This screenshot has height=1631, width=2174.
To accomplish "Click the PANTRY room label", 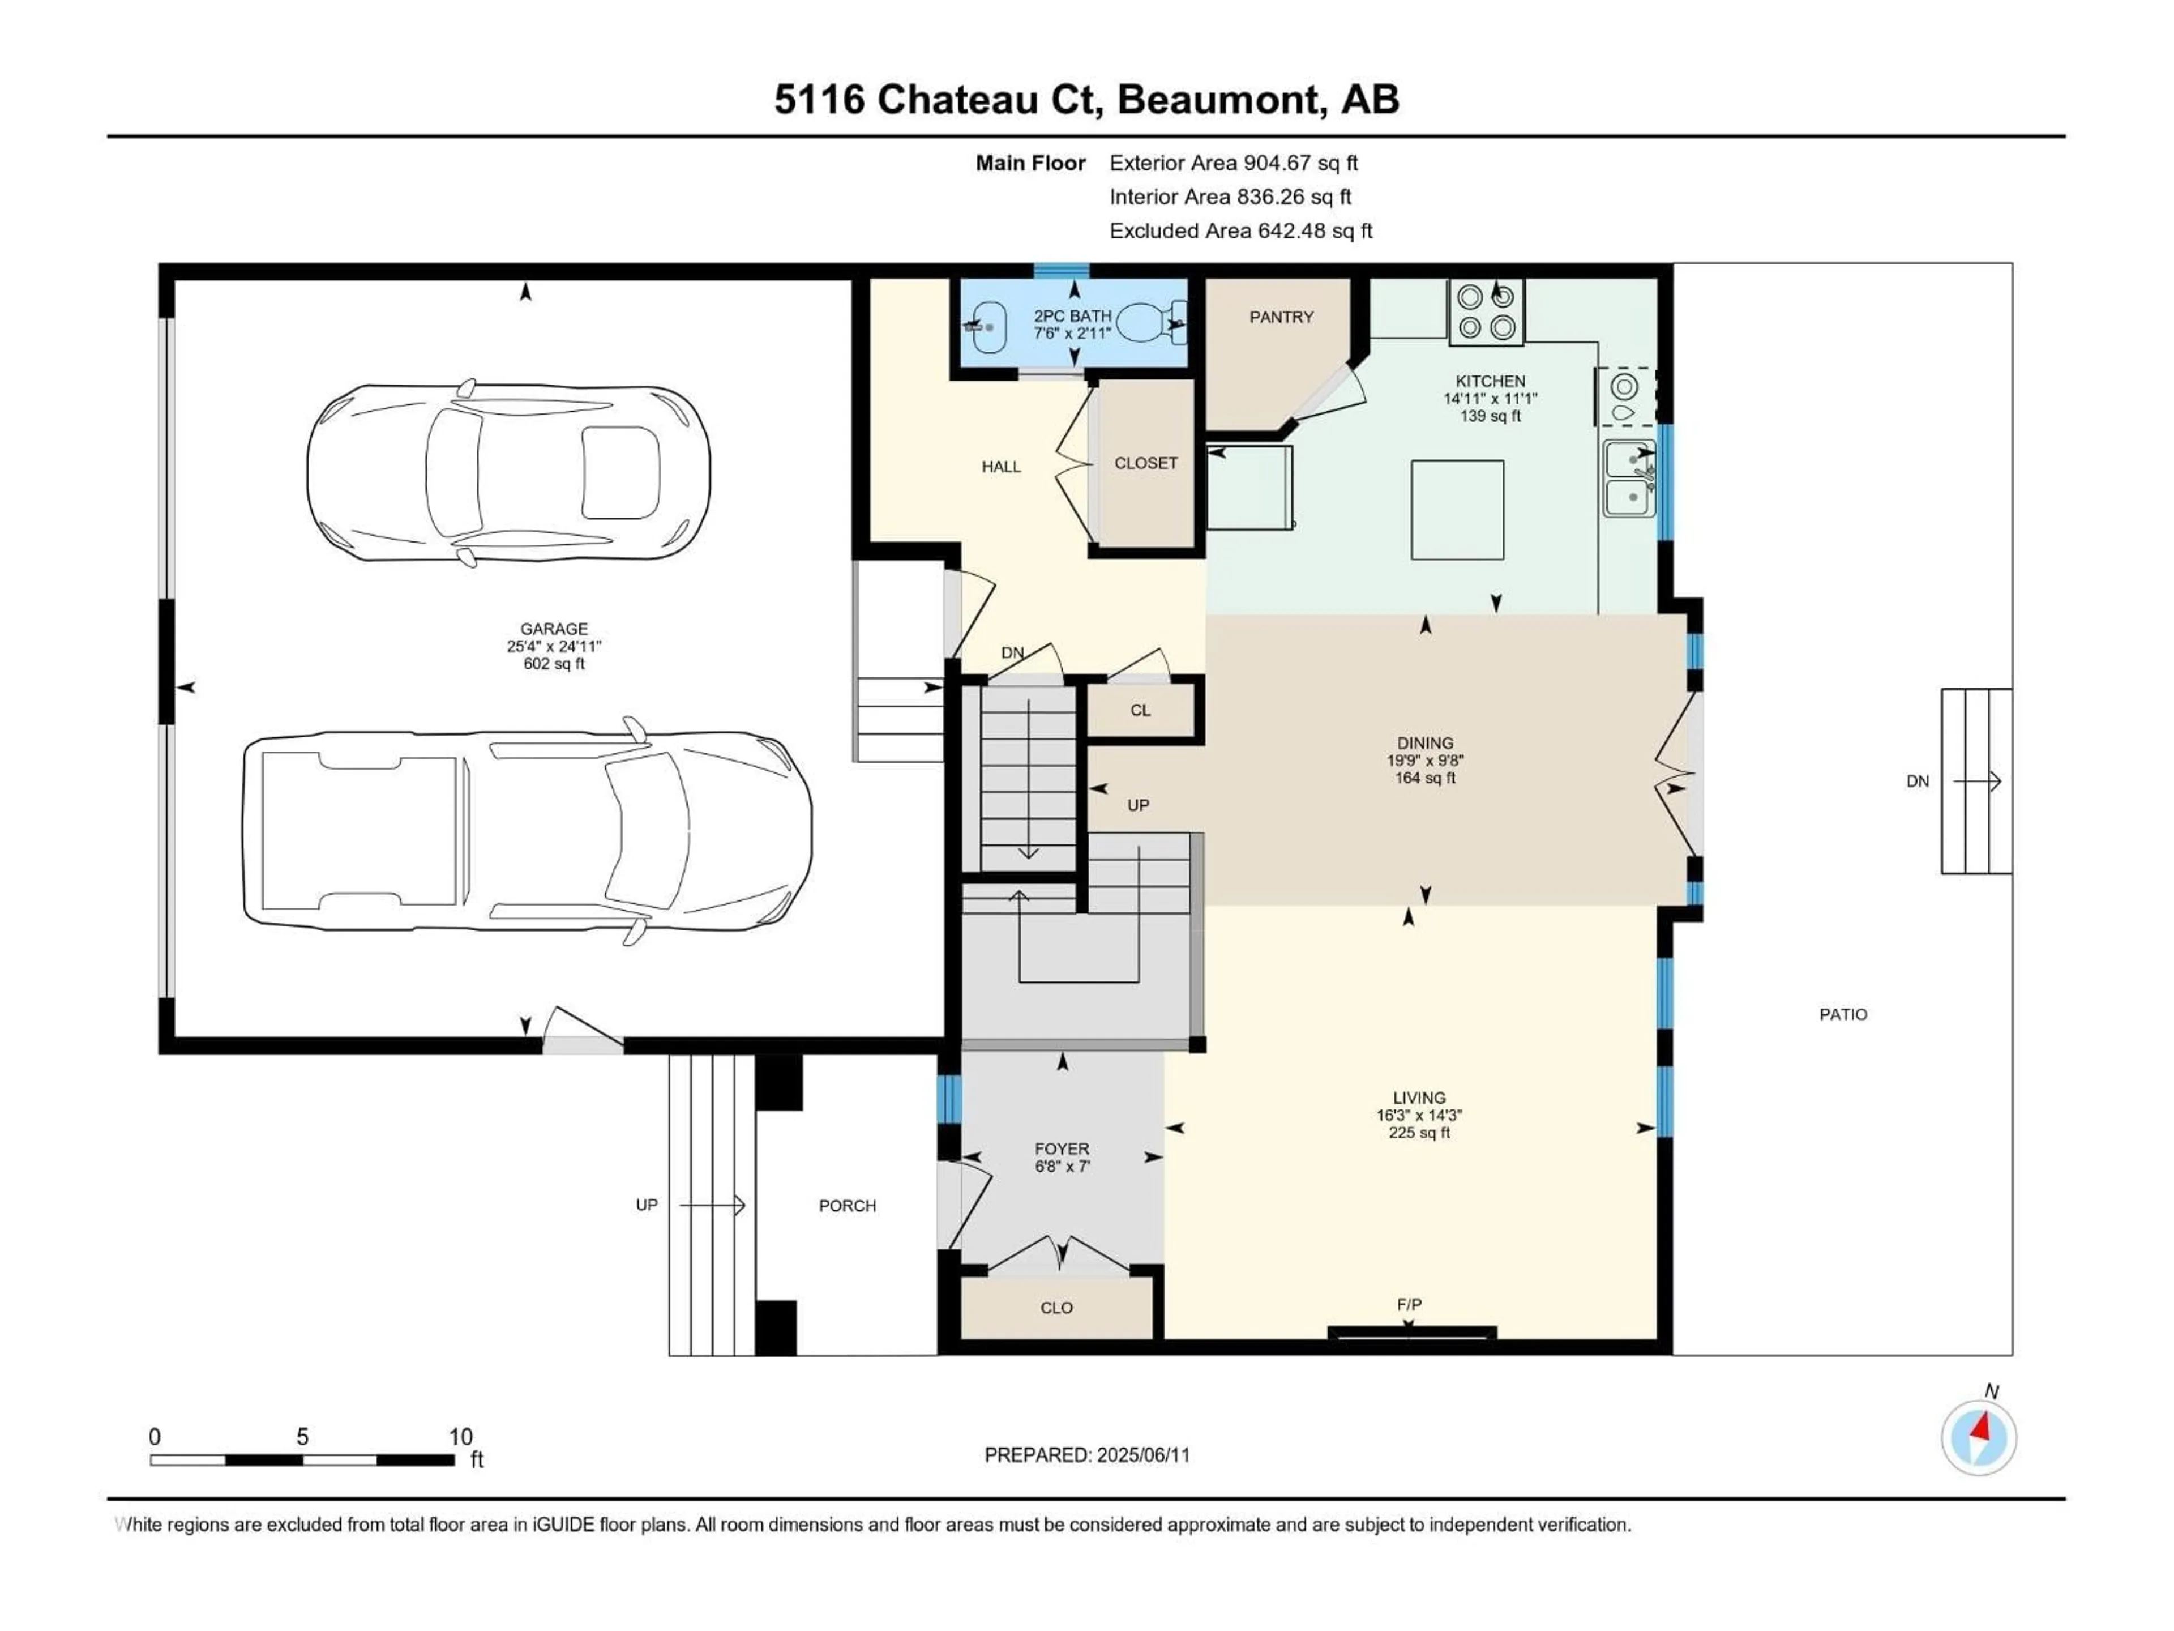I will pyautogui.click(x=1281, y=317).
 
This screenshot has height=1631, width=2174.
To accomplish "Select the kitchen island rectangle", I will pyautogui.click(x=1457, y=509).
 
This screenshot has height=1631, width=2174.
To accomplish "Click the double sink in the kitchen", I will pyautogui.click(x=1629, y=479).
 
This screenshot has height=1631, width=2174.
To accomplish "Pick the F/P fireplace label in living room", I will pyautogui.click(x=1409, y=1305).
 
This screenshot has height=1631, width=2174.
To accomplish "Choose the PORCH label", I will pyautogui.click(x=847, y=1205).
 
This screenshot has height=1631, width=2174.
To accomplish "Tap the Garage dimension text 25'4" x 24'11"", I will pyautogui.click(x=553, y=646).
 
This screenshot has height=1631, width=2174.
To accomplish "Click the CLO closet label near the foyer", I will pyautogui.click(x=1056, y=1308).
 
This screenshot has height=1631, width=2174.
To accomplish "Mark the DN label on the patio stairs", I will pyautogui.click(x=1918, y=782).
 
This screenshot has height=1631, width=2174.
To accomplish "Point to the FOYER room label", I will pyautogui.click(x=1062, y=1148).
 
